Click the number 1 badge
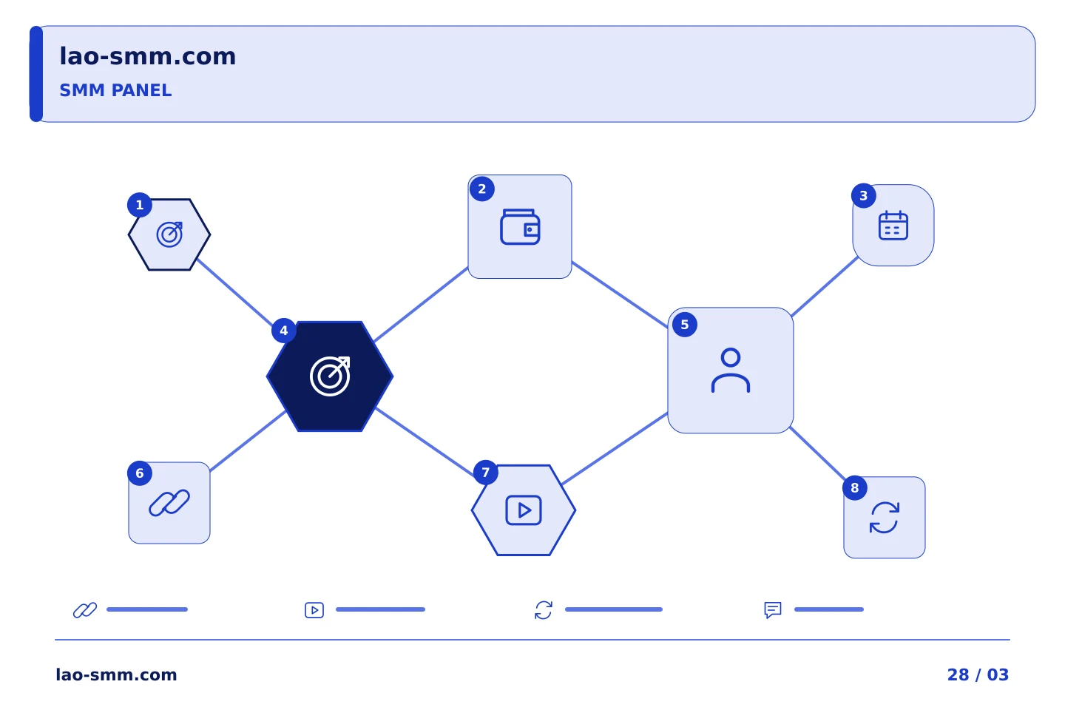pyautogui.click(x=139, y=205)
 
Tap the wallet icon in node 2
pyautogui.click(x=520, y=227)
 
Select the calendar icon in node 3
pyautogui.click(x=893, y=226)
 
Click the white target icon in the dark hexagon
pyautogui.click(x=330, y=376)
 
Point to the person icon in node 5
pyautogui.click(x=730, y=371)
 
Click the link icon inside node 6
pyautogui.click(x=169, y=503)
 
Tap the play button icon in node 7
pyautogui.click(x=523, y=510)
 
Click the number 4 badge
pyautogui.click(x=284, y=331)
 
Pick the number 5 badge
pyautogui.click(x=685, y=325)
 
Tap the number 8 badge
pyautogui.click(x=854, y=487)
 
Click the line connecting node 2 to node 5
pyautogui.click(x=620, y=294)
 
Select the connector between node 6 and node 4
pyautogui.click(x=248, y=442)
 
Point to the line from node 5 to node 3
pyautogui.click(x=825, y=286)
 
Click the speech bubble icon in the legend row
pyautogui.click(x=773, y=609)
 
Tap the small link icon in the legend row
pyautogui.click(x=85, y=609)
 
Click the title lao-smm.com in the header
pyautogui.click(x=147, y=56)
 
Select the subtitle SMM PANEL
pyautogui.click(x=115, y=90)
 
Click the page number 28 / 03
pyautogui.click(x=978, y=674)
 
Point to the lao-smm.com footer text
pyautogui.click(x=116, y=674)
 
